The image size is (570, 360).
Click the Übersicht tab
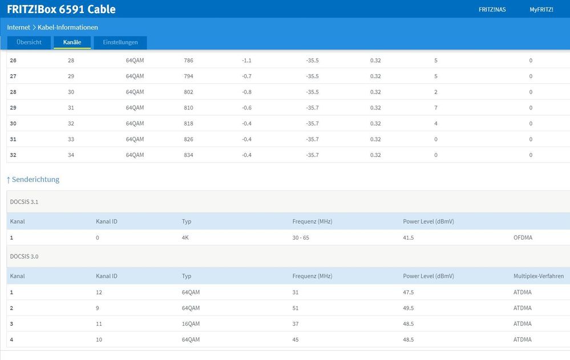(x=29, y=42)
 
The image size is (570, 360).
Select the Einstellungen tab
(x=120, y=42)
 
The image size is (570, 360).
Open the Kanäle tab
(x=72, y=42)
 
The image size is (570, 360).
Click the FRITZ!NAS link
(x=492, y=9)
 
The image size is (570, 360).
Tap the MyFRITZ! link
(x=541, y=9)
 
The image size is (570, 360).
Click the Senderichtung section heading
(x=33, y=179)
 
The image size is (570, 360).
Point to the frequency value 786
(x=188, y=60)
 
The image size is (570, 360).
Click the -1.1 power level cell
(x=246, y=60)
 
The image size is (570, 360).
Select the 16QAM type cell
(x=191, y=324)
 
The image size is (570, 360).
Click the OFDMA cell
(x=523, y=237)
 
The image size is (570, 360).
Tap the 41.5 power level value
(x=409, y=237)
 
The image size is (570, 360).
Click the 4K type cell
(x=185, y=237)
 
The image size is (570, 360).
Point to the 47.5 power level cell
(x=409, y=292)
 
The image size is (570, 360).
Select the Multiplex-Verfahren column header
(x=538, y=276)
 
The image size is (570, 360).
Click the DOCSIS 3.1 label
(x=24, y=202)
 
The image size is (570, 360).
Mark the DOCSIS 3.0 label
(x=24, y=257)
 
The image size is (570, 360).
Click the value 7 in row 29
(x=435, y=108)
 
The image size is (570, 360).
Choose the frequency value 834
(x=188, y=155)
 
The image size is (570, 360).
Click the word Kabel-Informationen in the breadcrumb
(x=67, y=27)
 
